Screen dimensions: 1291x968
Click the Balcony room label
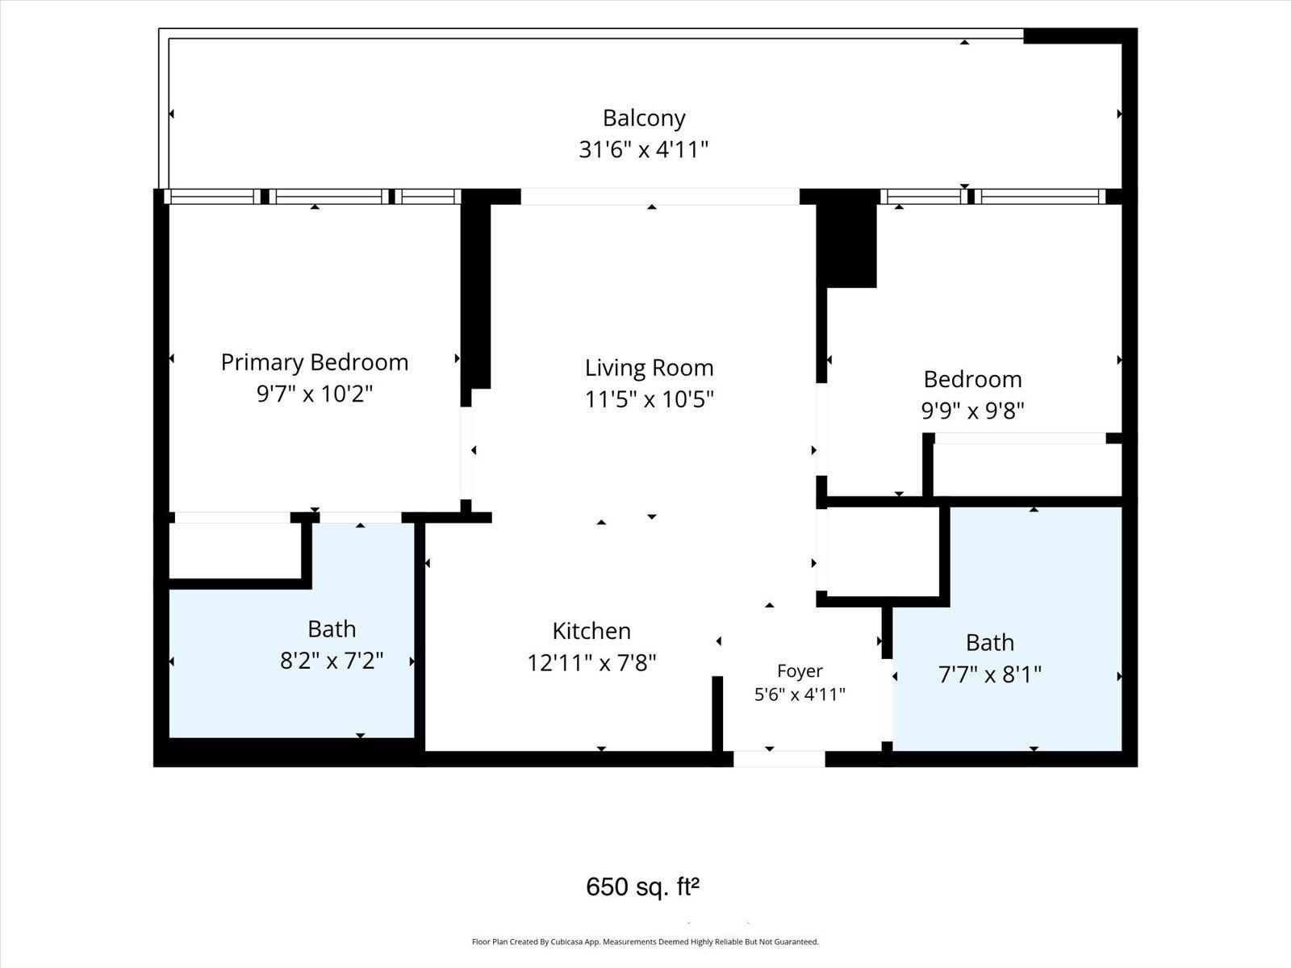[x=644, y=119]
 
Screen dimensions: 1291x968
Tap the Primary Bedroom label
[x=315, y=363]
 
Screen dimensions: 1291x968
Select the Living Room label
[x=650, y=369]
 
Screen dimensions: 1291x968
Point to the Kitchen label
[x=591, y=632]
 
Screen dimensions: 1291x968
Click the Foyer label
[x=800, y=671]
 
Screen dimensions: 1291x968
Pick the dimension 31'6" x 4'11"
[x=643, y=150]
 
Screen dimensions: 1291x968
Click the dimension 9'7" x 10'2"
[x=315, y=394]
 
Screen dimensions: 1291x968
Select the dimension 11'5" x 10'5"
[x=650, y=399]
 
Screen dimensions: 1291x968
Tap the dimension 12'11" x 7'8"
[x=591, y=663]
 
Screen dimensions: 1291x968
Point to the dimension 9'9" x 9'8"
[x=973, y=411]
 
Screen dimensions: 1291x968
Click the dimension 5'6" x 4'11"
[x=800, y=695]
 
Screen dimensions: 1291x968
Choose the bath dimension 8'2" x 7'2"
[x=332, y=661]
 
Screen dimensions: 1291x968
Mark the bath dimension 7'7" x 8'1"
[x=990, y=674]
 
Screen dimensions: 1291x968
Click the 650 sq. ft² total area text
[x=643, y=887]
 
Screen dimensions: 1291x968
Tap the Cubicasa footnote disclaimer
[x=645, y=942]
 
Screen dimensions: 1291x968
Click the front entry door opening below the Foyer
[x=779, y=759]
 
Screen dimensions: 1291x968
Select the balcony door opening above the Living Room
[x=660, y=196]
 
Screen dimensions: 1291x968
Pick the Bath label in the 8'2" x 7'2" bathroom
[x=332, y=629]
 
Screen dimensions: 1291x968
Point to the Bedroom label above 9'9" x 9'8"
[x=973, y=380]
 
